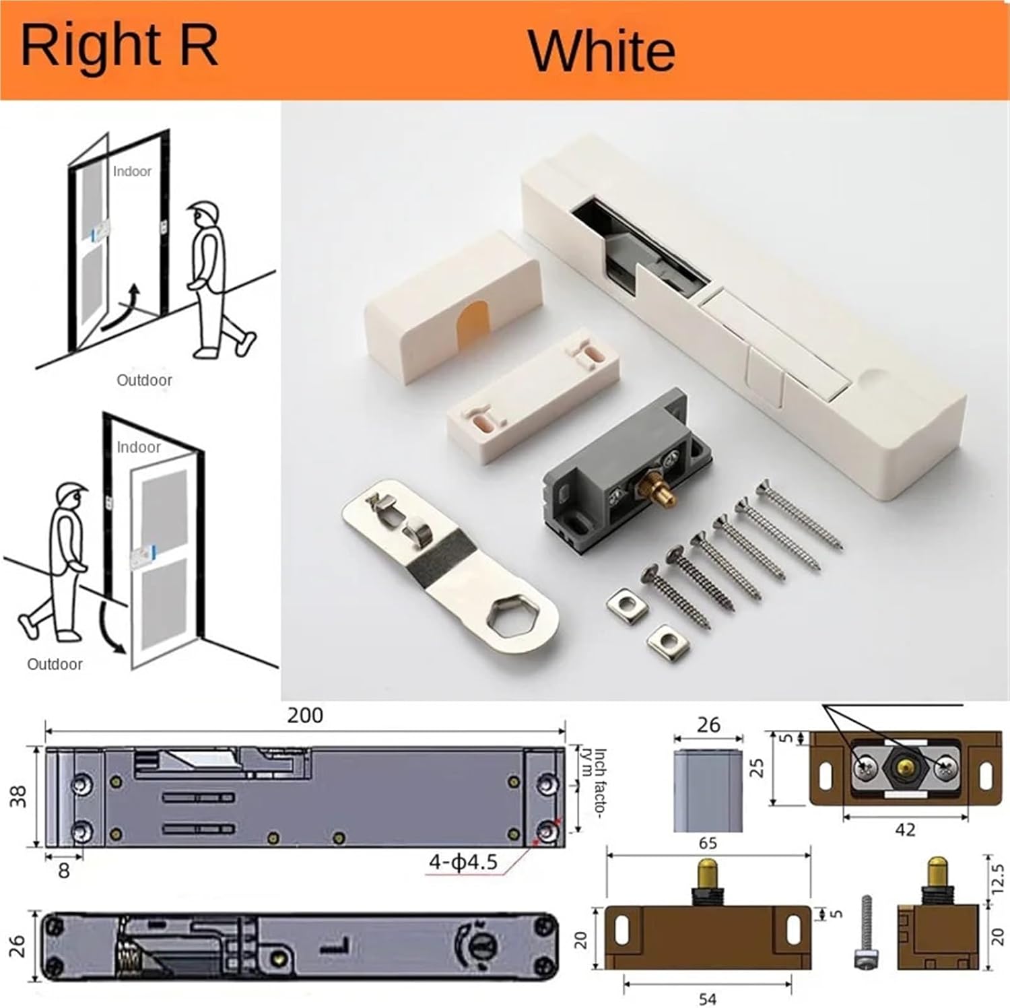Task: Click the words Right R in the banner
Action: click(x=119, y=46)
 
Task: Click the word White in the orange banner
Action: click(x=601, y=51)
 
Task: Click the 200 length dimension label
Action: click(x=305, y=715)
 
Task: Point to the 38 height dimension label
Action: click(x=18, y=797)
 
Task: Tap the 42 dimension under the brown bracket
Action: click(x=905, y=829)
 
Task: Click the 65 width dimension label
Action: click(x=708, y=843)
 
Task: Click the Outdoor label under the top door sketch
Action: click(x=144, y=380)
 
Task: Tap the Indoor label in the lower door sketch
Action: click(x=138, y=447)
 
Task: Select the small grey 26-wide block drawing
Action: click(x=708, y=791)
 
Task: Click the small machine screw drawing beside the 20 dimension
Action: click(x=866, y=931)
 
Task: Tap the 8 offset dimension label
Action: click(x=64, y=871)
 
